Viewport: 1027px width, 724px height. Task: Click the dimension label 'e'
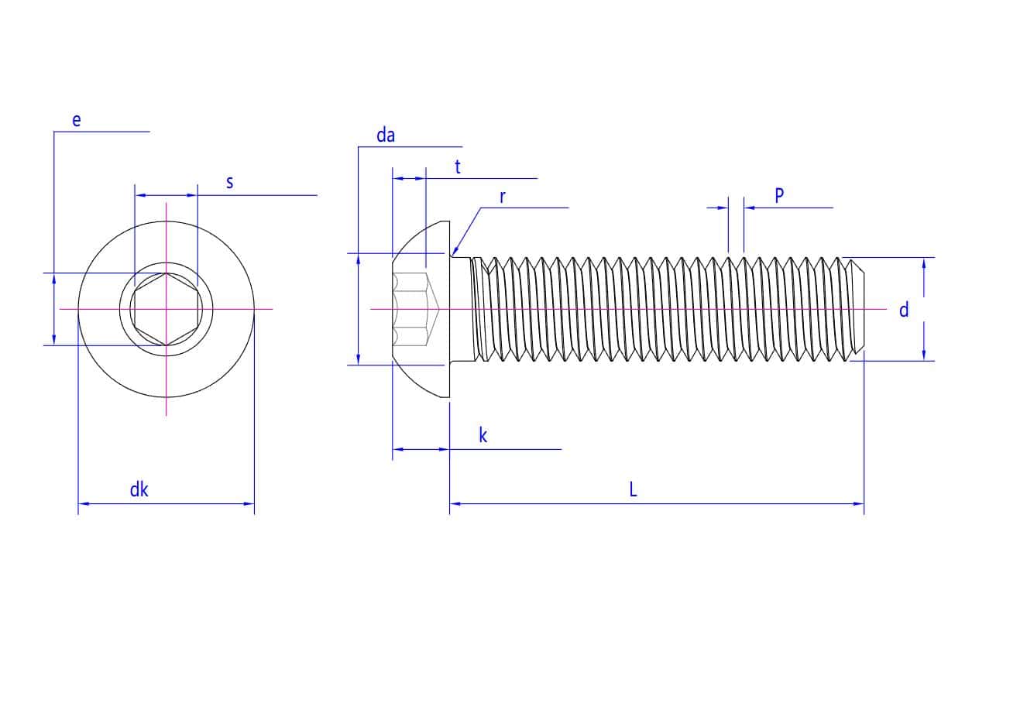coord(76,120)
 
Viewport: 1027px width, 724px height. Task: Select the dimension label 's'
coord(229,183)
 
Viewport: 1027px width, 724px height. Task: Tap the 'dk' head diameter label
coord(139,489)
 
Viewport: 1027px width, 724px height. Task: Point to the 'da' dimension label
coord(385,136)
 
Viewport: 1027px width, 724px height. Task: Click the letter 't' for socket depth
coord(458,166)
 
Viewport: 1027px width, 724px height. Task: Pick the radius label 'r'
coord(502,197)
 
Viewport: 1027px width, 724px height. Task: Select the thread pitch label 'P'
coord(779,196)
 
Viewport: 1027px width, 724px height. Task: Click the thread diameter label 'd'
coord(903,311)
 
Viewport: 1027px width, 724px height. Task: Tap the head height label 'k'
coord(483,435)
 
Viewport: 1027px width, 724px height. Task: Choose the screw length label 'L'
coord(633,489)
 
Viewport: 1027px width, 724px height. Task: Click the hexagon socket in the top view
coord(166,309)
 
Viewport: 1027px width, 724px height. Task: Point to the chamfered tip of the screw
coord(857,309)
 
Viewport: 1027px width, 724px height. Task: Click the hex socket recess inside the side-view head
coord(414,309)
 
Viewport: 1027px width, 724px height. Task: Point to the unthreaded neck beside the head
coord(462,309)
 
